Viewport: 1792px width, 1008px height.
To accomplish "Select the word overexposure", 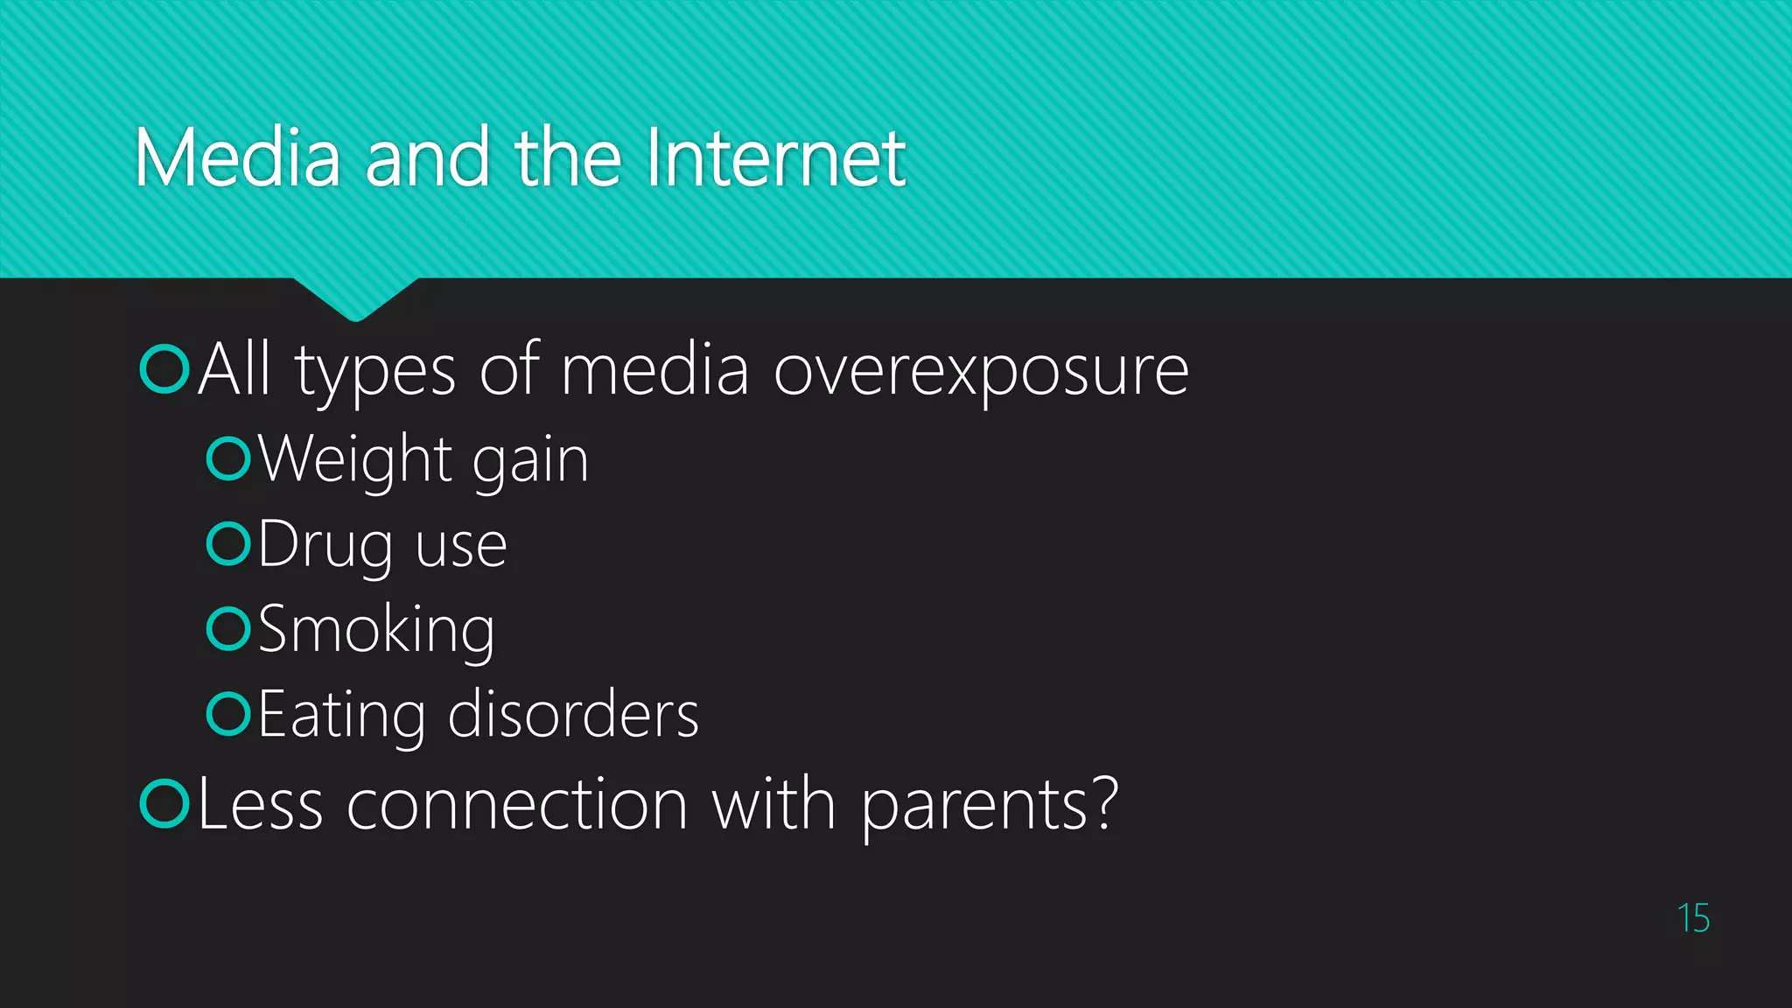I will [x=981, y=371].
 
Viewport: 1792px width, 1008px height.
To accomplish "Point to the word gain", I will [x=530, y=461].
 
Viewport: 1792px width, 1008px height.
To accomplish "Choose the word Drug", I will [x=325, y=545].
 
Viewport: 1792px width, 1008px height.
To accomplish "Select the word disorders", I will [x=573, y=714].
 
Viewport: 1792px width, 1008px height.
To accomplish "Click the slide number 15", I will [x=1693, y=918].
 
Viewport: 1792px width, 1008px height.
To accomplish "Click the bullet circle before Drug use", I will [x=228, y=543].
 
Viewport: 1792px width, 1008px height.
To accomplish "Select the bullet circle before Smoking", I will [x=228, y=628].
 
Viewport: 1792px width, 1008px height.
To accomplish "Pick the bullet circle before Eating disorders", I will [x=228, y=713].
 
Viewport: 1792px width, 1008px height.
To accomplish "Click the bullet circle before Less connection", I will [x=164, y=802].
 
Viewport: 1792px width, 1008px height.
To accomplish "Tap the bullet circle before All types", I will [x=164, y=369].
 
